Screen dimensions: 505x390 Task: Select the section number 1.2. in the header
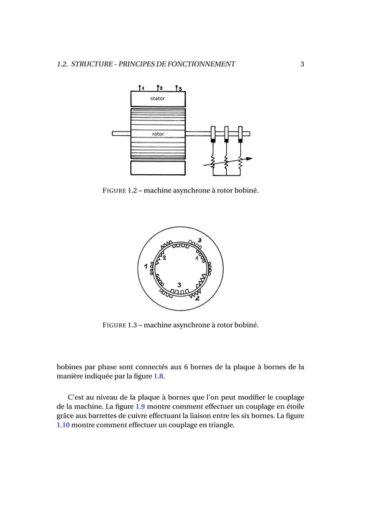[x=62, y=64]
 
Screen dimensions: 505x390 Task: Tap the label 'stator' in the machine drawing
[x=158, y=98]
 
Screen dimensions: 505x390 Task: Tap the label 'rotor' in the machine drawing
[x=158, y=134]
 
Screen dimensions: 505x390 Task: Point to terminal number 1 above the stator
[x=141, y=87]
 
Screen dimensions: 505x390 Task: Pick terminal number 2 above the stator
[x=159, y=87]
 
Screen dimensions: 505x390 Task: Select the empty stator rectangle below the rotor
[x=158, y=168]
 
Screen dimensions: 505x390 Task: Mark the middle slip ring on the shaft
[x=226, y=133]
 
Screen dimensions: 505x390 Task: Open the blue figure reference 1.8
[x=158, y=377]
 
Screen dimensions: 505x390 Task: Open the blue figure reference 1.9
[x=139, y=406]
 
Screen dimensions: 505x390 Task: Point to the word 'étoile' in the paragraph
[x=293, y=406]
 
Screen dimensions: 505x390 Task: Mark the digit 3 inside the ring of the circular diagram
[x=178, y=285]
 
